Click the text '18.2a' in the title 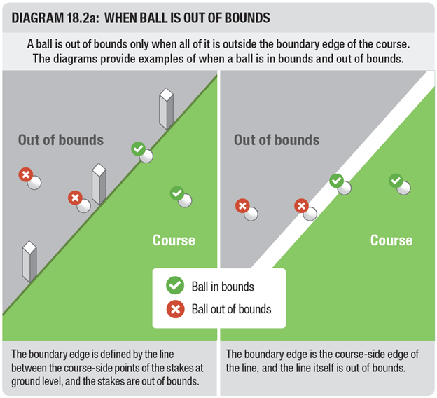point(83,18)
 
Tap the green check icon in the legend point(175,285)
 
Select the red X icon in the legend point(175,309)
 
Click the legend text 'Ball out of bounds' point(231,309)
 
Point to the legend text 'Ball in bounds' point(223,287)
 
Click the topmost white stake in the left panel point(167,109)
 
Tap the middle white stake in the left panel point(99,184)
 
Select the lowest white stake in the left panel point(29,261)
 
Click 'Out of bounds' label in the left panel point(61,139)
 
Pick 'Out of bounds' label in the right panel point(277,139)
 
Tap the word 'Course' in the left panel point(174,240)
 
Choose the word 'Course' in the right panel point(391,240)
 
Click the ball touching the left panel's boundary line point(146,156)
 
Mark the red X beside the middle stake point(75,198)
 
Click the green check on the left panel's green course point(177,193)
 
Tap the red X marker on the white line point(301,206)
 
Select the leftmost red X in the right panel point(242,206)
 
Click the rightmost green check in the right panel point(396,181)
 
